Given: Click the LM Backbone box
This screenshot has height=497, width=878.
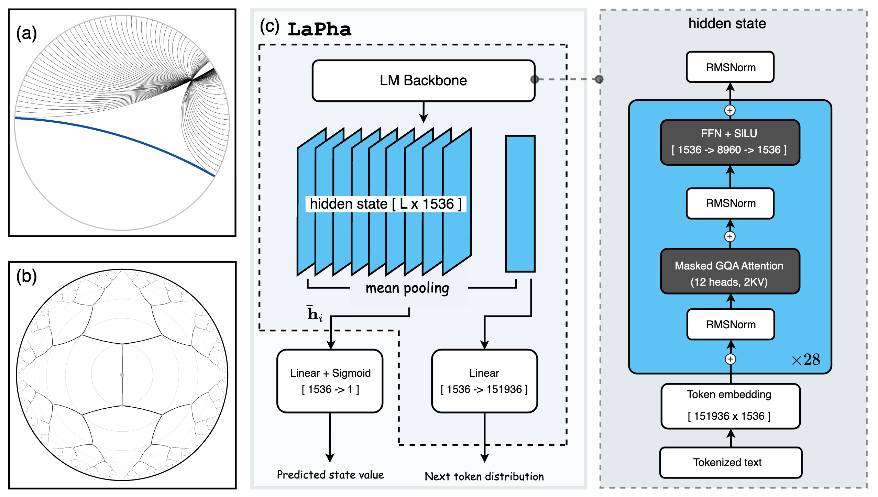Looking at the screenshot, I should pyautogui.click(x=423, y=81).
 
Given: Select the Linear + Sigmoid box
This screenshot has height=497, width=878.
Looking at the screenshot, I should pyautogui.click(x=330, y=381).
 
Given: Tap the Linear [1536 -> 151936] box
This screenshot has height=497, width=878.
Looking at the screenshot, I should pyautogui.click(x=484, y=381).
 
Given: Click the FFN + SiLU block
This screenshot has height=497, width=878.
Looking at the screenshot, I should pyautogui.click(x=729, y=142).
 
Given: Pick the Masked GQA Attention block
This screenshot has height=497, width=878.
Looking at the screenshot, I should pyautogui.click(x=729, y=272).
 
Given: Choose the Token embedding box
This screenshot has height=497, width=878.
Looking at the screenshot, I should pyautogui.click(x=730, y=406).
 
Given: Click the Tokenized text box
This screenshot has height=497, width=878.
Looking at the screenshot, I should pyautogui.click(x=730, y=462).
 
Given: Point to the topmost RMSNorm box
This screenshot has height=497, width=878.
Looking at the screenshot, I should pyautogui.click(x=730, y=67).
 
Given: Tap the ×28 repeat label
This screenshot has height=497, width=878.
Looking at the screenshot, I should pyautogui.click(x=806, y=360).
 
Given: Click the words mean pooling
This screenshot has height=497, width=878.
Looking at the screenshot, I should pyautogui.click(x=407, y=288).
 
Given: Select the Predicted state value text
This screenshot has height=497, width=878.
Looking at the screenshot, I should pyautogui.click(x=330, y=475).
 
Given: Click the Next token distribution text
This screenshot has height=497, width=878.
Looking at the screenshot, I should pyautogui.click(x=484, y=476).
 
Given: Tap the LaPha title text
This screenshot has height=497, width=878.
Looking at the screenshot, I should pyautogui.click(x=319, y=29).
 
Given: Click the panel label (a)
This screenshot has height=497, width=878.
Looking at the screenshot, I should pyautogui.click(x=26, y=34).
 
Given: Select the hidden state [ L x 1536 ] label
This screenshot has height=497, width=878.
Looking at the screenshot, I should pyautogui.click(x=385, y=204).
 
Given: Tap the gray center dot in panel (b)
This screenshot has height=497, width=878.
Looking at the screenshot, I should pyautogui.click(x=122, y=375).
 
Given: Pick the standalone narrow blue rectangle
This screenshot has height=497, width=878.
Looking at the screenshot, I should pyautogui.click(x=520, y=204).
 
